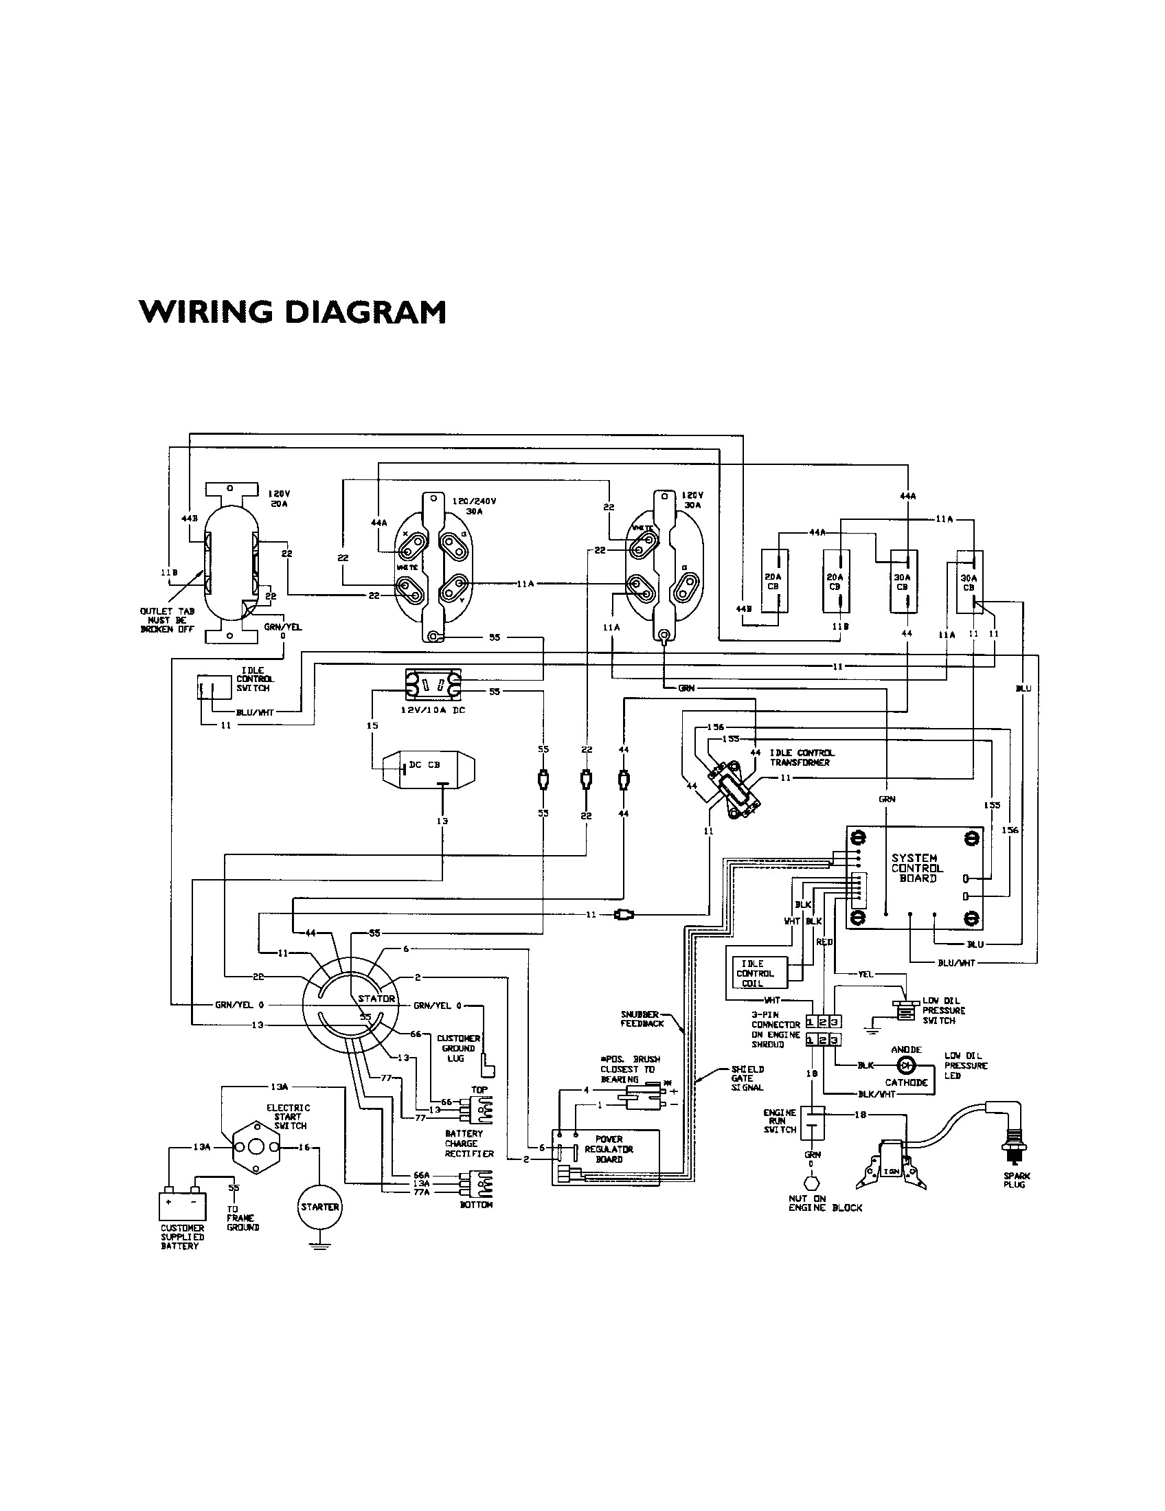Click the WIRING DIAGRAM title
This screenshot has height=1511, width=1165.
tap(292, 312)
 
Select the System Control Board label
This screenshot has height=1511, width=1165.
tap(916, 868)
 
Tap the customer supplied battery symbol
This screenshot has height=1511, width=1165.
tap(182, 1203)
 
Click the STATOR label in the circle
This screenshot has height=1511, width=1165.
tap(376, 999)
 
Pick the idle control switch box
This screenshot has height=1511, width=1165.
tap(214, 687)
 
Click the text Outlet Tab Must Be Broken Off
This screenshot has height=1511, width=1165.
tap(168, 620)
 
